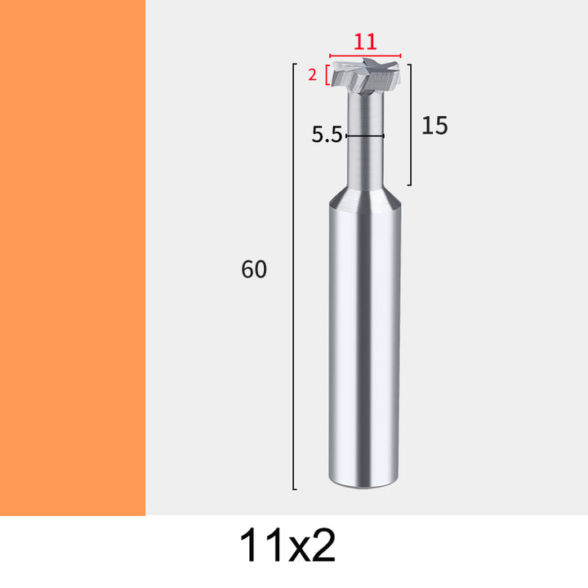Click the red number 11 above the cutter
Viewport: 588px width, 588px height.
(365, 42)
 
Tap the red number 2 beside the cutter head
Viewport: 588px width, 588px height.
(312, 75)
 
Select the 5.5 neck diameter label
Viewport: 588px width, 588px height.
(327, 135)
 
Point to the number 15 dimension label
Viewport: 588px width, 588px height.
(434, 125)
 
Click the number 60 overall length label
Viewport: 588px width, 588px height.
(254, 269)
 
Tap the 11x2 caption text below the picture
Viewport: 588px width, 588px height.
(287, 545)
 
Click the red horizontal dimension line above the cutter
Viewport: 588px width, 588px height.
(365, 56)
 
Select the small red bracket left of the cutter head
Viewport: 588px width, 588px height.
(327, 75)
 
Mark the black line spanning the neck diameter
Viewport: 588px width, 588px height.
(365, 136)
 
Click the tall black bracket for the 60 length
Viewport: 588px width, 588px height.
(293, 276)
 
